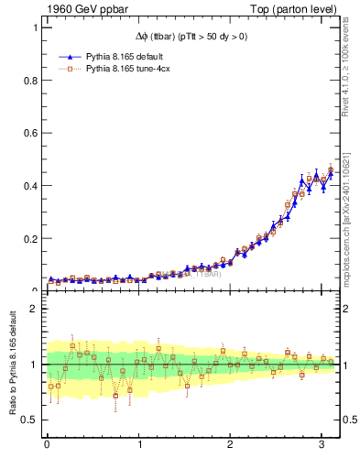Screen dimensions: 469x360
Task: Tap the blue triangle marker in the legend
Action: [x=71, y=55]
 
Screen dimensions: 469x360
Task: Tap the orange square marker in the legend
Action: [x=71, y=68]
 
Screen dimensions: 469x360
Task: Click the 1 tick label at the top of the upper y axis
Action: [x=34, y=28]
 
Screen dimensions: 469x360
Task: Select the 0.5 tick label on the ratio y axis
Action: [x=29, y=420]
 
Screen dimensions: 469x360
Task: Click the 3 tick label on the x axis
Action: [x=321, y=446]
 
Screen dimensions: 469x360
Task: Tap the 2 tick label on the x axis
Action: [x=230, y=446]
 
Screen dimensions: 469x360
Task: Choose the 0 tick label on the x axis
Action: [x=47, y=446]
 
